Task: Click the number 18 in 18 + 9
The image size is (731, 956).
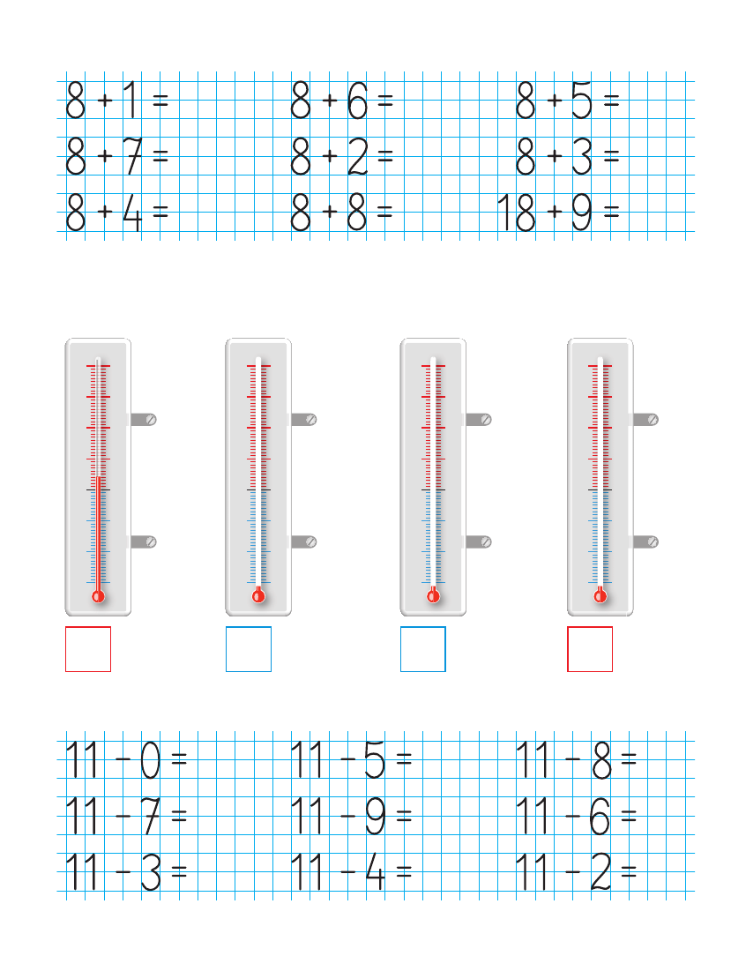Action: [517, 213]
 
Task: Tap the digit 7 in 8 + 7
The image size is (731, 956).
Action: [133, 157]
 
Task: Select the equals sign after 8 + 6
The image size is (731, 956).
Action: [385, 101]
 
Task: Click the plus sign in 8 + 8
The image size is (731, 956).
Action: [330, 212]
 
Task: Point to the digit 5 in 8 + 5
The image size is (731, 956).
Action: [582, 101]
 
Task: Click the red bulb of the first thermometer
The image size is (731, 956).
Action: [98, 595]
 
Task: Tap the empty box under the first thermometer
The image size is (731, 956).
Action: [88, 649]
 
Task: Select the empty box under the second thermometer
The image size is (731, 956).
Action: [249, 649]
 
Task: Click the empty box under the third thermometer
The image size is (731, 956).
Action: [423, 649]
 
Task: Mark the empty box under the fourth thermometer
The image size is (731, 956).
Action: [590, 649]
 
